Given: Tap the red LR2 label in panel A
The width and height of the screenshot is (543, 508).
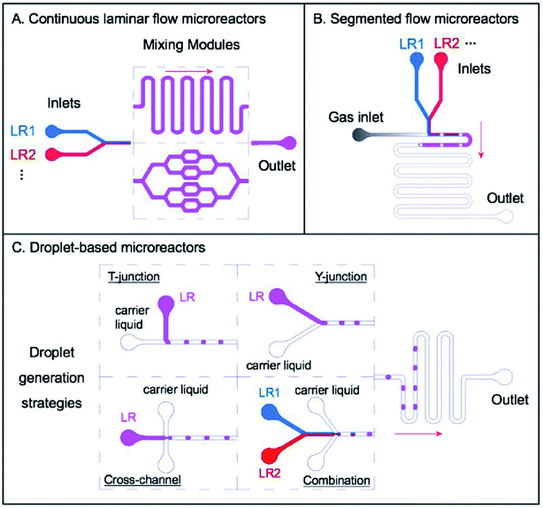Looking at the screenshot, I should coord(24,154).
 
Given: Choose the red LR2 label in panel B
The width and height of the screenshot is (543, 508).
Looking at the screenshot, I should coord(447,42).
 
